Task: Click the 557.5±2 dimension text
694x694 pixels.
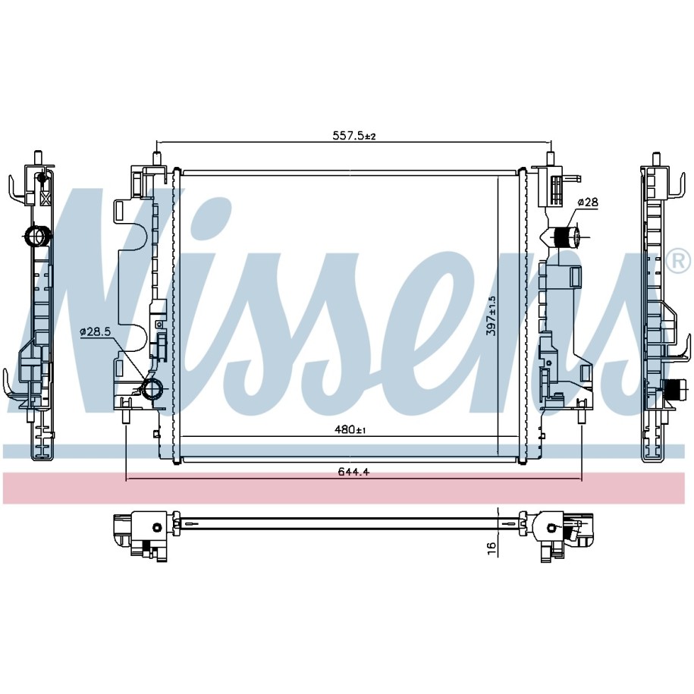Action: click(x=353, y=136)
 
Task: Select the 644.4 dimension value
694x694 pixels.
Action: click(x=353, y=472)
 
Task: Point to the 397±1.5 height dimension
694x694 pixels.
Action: click(x=491, y=316)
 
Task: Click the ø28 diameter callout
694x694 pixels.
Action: click(x=588, y=203)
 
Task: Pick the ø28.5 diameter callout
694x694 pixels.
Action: click(x=95, y=331)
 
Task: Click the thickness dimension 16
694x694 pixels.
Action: click(x=491, y=548)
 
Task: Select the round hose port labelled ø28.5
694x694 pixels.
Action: click(x=152, y=388)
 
